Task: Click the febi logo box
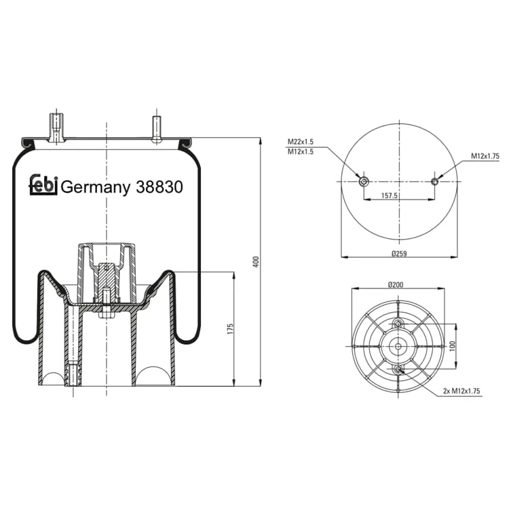tap(43, 185)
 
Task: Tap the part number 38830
tap(159, 187)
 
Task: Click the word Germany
tap(96, 187)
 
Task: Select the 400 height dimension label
tap(256, 262)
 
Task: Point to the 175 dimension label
tap(230, 329)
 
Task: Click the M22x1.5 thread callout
tap(300, 142)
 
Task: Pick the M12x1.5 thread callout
tap(300, 151)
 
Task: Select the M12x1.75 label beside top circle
tap(485, 156)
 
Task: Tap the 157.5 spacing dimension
tap(390, 195)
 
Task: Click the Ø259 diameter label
tap(399, 254)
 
